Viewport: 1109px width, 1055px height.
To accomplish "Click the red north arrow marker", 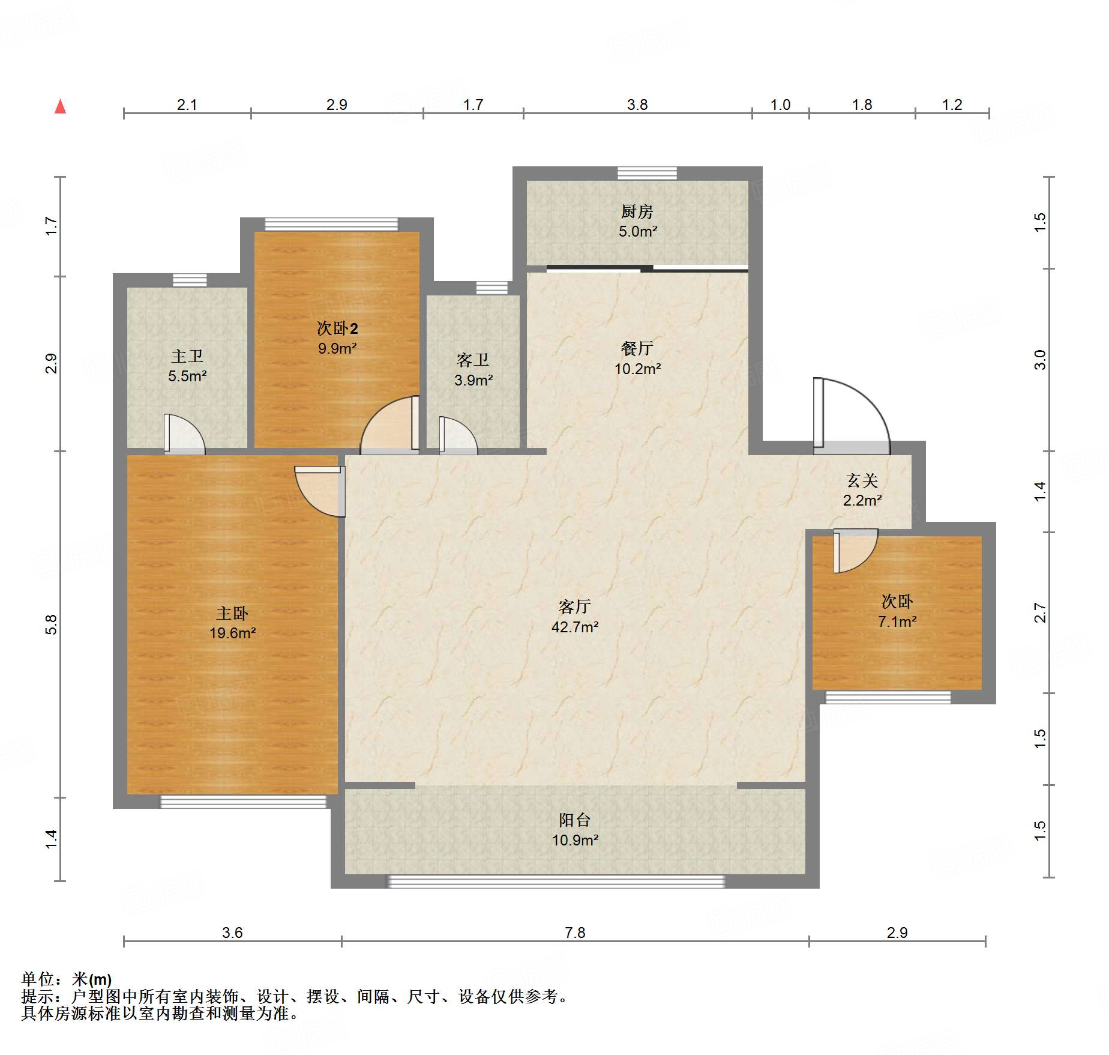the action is [x=60, y=107].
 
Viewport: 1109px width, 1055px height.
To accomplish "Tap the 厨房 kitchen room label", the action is [x=637, y=211].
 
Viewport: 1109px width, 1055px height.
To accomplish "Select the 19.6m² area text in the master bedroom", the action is [x=233, y=633].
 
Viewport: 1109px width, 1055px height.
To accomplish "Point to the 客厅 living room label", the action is [x=575, y=606].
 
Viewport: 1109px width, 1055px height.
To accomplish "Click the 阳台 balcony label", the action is [x=575, y=820].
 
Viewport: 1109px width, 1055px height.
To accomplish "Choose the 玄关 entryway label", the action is [x=862, y=480].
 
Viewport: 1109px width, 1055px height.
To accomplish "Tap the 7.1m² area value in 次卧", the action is [x=897, y=621].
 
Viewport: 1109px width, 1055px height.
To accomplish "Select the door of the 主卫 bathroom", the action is [x=185, y=434].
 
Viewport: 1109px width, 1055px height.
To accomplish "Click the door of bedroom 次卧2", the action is [x=389, y=425].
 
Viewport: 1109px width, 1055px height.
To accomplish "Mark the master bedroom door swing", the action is [x=320, y=491].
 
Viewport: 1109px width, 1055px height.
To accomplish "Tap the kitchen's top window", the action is [x=647, y=174].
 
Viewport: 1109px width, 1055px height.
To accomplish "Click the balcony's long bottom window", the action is [x=556, y=881].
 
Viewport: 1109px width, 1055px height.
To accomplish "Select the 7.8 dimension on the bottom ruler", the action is [x=575, y=933].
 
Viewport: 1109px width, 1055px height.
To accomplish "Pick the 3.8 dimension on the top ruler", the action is [x=637, y=104].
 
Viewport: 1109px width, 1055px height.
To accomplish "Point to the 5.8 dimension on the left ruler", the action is [x=51, y=624].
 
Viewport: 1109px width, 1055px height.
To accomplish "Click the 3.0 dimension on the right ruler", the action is [x=1040, y=360].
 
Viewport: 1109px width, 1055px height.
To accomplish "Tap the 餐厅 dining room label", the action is [x=637, y=348].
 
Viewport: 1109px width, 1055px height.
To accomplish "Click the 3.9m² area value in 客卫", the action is [x=473, y=380].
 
